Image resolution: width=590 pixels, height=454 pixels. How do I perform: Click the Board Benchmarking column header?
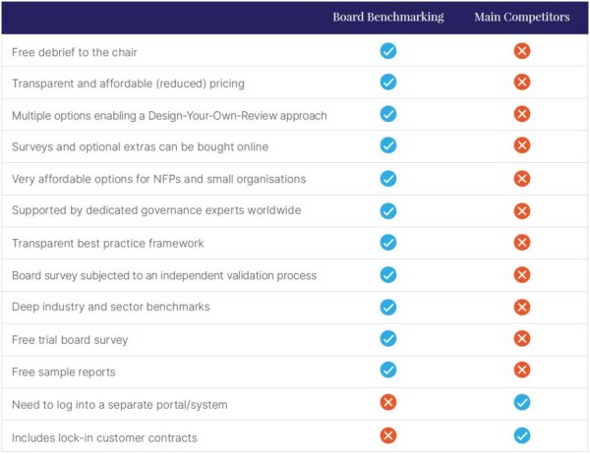[x=387, y=17]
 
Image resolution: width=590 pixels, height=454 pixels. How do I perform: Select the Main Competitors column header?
[x=521, y=17]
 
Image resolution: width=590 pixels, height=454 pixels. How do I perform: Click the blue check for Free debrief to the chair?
[x=387, y=51]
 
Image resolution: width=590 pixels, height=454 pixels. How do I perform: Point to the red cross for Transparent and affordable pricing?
[x=521, y=83]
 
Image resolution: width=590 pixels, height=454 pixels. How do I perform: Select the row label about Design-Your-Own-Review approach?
[x=169, y=115]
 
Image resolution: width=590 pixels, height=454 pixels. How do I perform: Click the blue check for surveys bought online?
[x=387, y=146]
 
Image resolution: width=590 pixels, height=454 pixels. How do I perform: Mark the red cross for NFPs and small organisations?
[x=521, y=179]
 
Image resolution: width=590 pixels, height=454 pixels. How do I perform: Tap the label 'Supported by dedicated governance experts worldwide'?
[x=155, y=210]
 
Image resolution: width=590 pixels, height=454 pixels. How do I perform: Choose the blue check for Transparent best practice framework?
[x=387, y=243]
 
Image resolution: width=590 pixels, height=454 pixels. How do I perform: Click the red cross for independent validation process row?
[x=521, y=275]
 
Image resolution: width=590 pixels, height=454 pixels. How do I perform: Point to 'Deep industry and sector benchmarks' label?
[x=111, y=307]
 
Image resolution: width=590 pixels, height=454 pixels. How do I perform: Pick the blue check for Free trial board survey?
[x=387, y=339]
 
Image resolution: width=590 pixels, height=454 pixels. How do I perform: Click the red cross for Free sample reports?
[x=521, y=370]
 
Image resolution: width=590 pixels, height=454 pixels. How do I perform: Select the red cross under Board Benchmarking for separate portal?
[x=387, y=403]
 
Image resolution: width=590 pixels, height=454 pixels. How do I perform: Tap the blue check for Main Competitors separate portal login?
[x=521, y=403]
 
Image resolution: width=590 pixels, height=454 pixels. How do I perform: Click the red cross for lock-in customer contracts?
[x=387, y=435]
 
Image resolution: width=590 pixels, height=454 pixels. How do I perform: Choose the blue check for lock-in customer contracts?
[x=521, y=435]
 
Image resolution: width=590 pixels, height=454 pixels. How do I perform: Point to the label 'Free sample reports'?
[x=64, y=370]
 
